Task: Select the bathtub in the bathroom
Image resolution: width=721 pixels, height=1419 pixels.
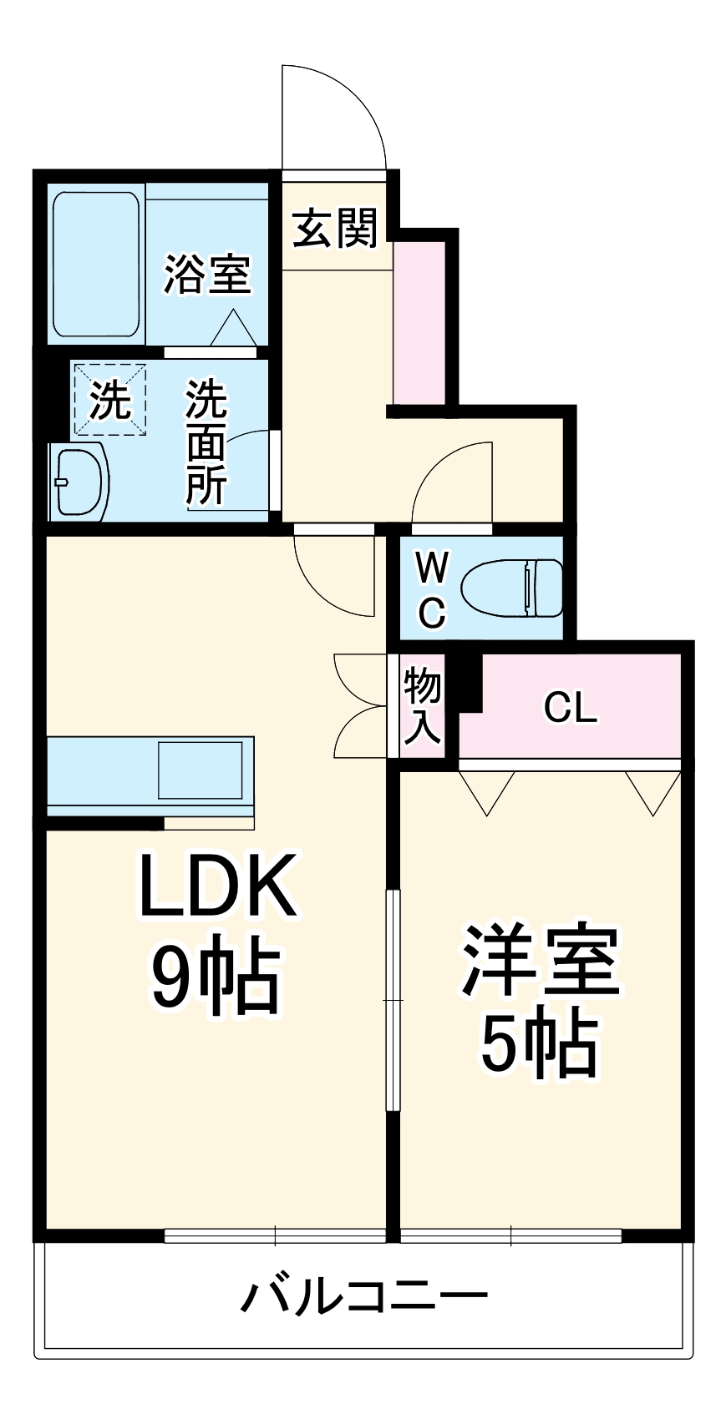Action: pos(96,265)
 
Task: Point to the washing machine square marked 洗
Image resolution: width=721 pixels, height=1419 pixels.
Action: pos(109,399)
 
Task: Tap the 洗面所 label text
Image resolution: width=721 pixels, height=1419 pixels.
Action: pos(206,442)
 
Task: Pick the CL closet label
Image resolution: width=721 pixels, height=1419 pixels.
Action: pos(571,709)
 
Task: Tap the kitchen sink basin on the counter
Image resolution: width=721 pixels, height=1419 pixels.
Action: pos(201,769)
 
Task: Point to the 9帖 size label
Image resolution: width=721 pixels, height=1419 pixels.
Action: pos(215,975)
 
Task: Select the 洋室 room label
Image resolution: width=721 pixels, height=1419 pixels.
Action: pos(541,960)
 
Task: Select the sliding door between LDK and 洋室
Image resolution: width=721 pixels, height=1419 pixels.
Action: pos(393,1000)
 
